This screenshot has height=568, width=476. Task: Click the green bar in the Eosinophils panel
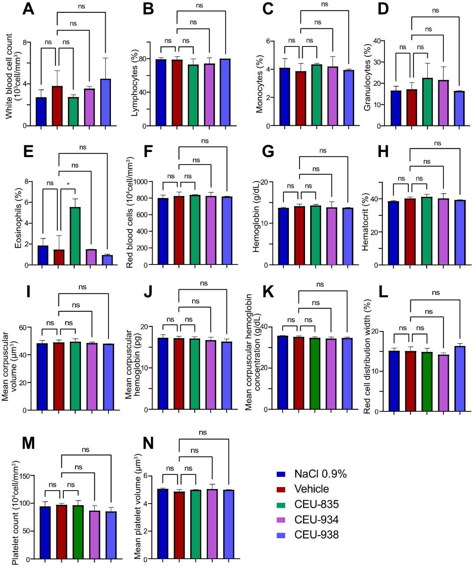(x=75, y=236)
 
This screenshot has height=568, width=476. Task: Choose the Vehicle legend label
(x=311, y=489)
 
